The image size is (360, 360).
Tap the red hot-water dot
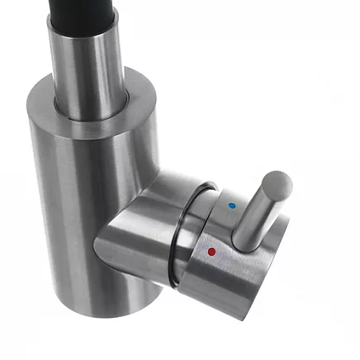(x=212, y=250)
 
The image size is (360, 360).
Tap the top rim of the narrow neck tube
(x=83, y=23)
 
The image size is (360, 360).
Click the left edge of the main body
(x=31, y=206)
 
